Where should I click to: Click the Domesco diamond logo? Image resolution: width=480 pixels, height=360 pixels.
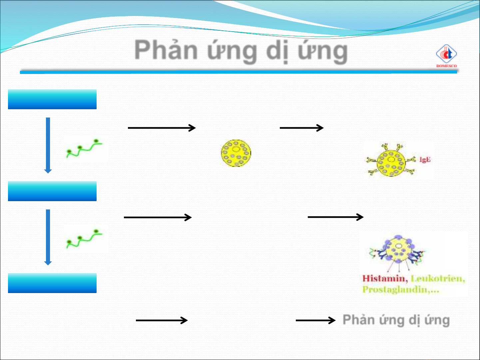tap(446, 54)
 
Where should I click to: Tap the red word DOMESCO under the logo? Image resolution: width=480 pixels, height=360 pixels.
tap(447, 66)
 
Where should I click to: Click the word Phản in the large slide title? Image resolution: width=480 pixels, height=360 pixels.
tap(166, 50)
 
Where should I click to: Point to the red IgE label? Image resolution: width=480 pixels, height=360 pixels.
tap(425, 160)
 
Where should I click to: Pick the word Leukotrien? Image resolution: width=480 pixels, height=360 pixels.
tap(438, 278)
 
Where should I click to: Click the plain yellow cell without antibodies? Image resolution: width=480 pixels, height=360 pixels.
tap(236, 153)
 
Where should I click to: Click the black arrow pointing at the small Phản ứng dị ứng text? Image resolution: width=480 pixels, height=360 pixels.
tap(315, 320)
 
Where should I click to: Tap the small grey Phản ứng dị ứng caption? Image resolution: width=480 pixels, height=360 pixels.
tap(396, 320)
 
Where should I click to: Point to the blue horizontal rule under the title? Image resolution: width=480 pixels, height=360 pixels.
tap(239, 72)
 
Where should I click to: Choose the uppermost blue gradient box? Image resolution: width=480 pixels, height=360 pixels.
tap(52, 99)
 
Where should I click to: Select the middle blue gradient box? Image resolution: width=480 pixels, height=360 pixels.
tap(52, 191)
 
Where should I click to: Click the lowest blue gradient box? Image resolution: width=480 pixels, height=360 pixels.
tap(52, 283)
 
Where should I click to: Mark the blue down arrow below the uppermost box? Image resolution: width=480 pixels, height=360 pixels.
tap(48, 145)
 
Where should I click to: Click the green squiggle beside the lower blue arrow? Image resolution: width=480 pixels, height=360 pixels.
tap(84, 239)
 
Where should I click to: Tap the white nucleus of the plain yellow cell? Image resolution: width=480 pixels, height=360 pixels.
tap(236, 149)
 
